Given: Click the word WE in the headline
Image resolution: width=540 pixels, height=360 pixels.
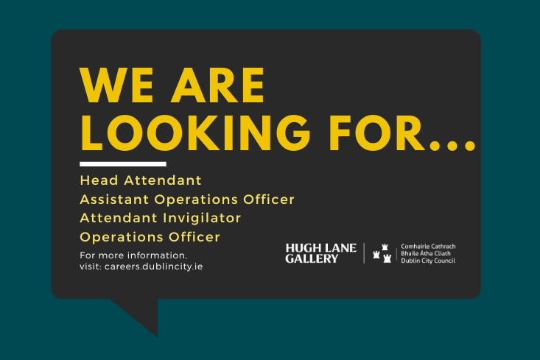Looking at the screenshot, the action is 116,85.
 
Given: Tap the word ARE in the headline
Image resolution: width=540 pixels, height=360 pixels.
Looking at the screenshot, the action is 218,85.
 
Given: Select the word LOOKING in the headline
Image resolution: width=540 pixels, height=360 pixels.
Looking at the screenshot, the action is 195,133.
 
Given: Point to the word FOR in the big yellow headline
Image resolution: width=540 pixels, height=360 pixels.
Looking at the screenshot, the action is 376,133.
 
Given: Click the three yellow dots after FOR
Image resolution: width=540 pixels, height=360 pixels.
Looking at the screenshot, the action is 452,146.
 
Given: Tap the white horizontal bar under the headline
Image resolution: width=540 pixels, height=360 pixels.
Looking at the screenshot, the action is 123,164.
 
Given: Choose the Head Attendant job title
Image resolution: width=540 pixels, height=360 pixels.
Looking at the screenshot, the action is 141,180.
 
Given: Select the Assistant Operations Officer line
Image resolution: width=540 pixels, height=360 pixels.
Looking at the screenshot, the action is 187,200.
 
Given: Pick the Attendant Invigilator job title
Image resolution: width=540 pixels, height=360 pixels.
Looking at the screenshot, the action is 160,218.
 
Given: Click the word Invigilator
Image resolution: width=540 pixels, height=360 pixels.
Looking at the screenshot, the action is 202,218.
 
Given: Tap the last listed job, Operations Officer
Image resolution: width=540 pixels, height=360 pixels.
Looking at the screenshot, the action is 150,237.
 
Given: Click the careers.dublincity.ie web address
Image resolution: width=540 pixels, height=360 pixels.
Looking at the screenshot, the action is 153,267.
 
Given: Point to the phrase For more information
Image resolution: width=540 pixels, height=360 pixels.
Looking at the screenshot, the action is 133,255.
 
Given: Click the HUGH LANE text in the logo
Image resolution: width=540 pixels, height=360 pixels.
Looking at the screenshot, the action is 321,248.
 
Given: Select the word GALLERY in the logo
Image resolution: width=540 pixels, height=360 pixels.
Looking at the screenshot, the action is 312,259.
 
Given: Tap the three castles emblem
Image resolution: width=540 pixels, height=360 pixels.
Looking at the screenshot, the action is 382,253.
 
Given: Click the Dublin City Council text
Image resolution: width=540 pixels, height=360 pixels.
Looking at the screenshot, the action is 428,261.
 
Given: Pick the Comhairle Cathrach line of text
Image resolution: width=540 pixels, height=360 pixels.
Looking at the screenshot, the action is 428,247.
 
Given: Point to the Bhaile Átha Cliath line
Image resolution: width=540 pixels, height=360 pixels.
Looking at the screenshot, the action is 426,253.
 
